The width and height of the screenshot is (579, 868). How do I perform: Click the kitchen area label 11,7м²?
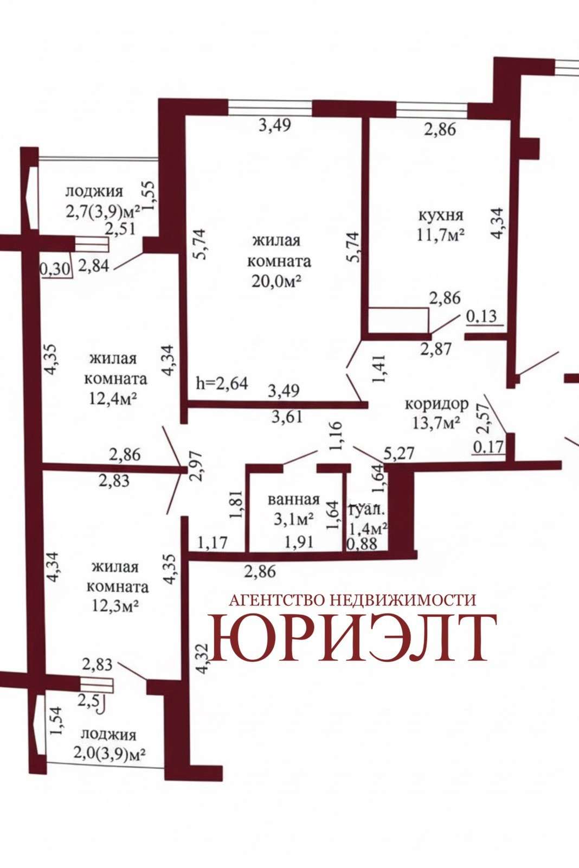tap(440, 235)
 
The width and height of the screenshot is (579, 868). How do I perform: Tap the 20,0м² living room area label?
tap(276, 282)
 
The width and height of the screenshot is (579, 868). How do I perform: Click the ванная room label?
tap(294, 499)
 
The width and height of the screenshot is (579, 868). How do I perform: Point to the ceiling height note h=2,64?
tap(222, 383)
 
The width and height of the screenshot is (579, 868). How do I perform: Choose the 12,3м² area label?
tap(115, 606)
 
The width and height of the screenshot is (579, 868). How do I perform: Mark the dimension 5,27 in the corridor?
tap(399, 453)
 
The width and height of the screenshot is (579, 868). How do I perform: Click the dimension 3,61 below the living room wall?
tap(287, 417)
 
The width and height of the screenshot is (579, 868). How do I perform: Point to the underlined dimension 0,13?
tap(481, 317)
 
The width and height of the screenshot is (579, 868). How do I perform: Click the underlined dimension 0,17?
tap(489, 447)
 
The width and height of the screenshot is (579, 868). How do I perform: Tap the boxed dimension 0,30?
tap(56, 269)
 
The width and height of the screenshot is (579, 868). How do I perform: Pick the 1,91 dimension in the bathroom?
tap(299, 542)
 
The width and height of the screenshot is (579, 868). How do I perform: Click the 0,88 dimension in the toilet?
tap(362, 544)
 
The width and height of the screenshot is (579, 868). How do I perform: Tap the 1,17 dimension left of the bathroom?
tap(212, 542)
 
